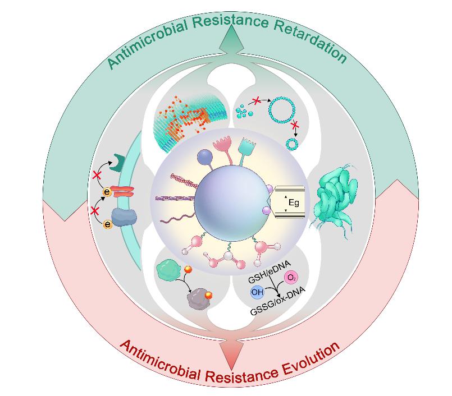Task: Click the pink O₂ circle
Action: coord(290,278)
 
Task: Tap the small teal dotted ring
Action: coord(292,145)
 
